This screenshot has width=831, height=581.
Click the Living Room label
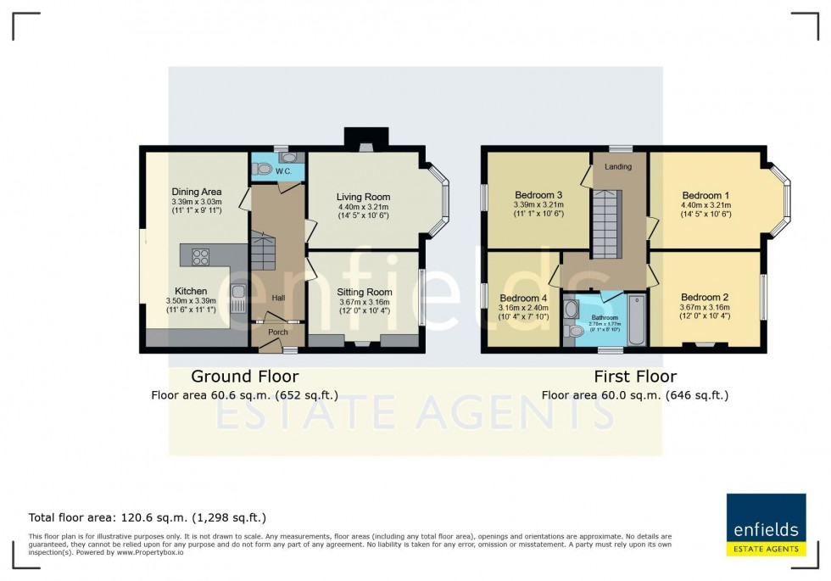pos(363,197)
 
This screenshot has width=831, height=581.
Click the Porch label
pos(277,332)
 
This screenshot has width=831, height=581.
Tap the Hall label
pos(277,298)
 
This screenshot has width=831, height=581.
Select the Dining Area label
pos(196,192)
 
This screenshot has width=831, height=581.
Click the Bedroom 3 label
pos(538,195)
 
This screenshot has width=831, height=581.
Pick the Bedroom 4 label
pos(524,299)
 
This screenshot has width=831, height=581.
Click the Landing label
pos(617,166)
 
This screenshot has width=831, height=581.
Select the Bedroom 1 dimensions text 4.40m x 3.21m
pos(706,205)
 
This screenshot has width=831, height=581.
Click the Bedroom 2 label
pos(705,297)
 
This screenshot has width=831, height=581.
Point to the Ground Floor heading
pos(244,376)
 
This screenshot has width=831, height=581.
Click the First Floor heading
pos(634,376)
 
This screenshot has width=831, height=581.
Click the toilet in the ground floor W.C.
pos(264,170)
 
